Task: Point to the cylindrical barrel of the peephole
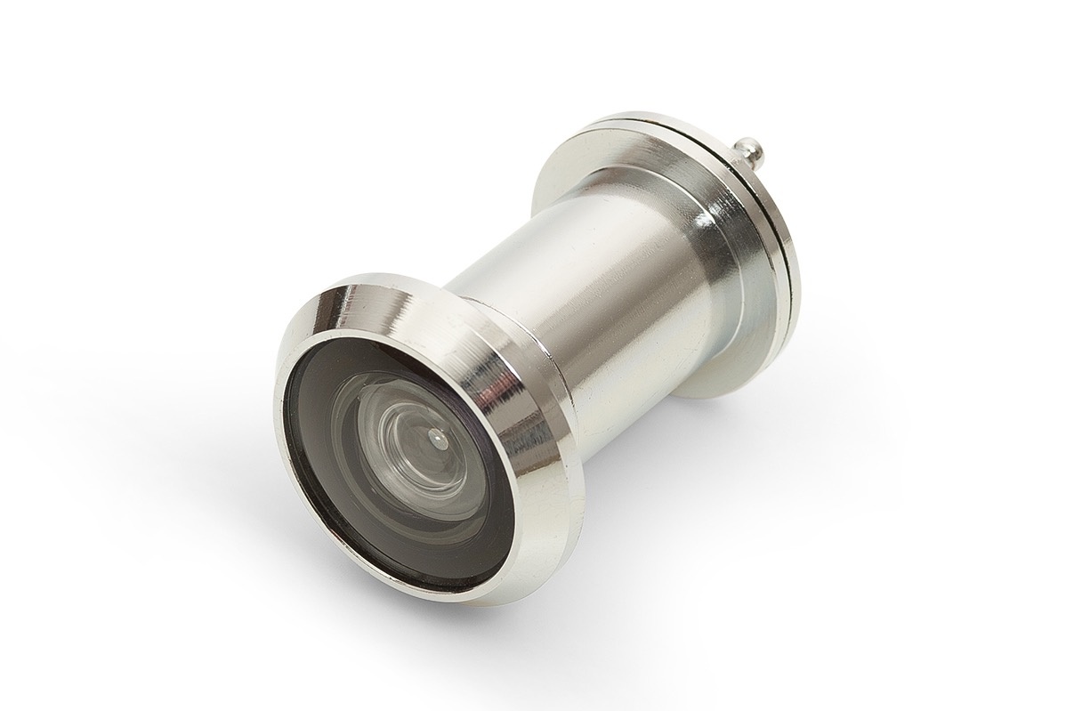pyautogui.click(x=569, y=294)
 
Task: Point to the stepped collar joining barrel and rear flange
pyautogui.click(x=703, y=267)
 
